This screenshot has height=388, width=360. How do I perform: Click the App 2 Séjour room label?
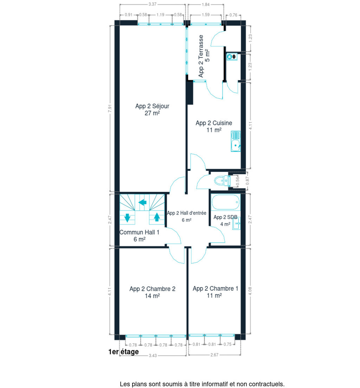(152, 106)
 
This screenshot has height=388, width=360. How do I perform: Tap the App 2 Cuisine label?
(214, 123)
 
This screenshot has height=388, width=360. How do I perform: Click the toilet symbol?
(222, 181)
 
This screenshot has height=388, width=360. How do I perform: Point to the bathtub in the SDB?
(226, 202)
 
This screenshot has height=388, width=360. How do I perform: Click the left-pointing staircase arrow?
(142, 202)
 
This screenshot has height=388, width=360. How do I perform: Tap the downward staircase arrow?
(127, 217)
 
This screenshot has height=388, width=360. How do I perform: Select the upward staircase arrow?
(157, 217)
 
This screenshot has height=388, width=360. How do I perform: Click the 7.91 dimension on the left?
(110, 109)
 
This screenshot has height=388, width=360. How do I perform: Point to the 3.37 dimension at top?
(152, 4)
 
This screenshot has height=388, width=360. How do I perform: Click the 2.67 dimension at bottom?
(214, 355)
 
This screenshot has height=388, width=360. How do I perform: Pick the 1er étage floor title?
(124, 352)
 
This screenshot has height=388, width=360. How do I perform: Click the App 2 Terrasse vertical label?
(201, 56)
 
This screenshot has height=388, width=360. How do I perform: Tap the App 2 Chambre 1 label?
(215, 289)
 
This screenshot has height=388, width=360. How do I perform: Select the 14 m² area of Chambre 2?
(152, 296)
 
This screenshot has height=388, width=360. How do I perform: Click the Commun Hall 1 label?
(139, 232)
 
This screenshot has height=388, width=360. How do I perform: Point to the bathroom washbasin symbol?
(236, 223)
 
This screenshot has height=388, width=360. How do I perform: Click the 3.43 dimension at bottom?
(153, 355)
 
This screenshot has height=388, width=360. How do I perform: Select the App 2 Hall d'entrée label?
(187, 213)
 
